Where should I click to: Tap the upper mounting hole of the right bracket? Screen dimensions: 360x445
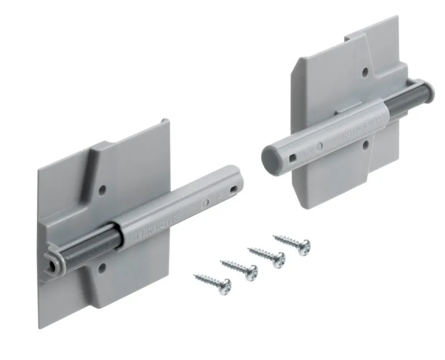tap(364, 72)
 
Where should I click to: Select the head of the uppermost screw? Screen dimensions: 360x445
tap(304, 248)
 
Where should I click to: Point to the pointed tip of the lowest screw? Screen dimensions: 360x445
tap(194, 274)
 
